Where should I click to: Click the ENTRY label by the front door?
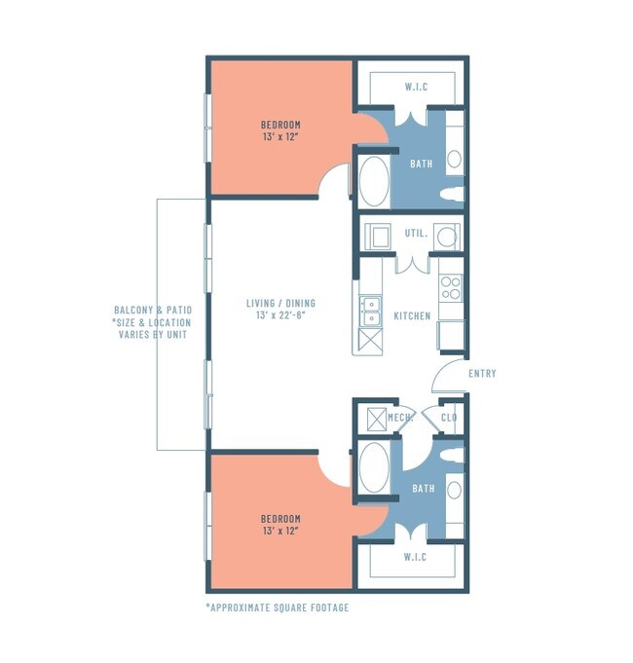[x=482, y=374]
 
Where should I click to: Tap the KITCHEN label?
[x=411, y=316]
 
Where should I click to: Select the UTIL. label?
[x=416, y=235]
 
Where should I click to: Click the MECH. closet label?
[x=400, y=418]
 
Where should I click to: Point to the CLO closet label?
[x=449, y=418]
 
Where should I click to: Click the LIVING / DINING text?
[x=280, y=304]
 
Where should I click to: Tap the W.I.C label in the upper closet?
[x=416, y=88]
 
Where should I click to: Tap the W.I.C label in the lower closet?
[x=416, y=558]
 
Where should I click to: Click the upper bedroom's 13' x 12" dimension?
[x=280, y=138]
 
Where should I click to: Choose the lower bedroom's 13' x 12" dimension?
[x=280, y=532]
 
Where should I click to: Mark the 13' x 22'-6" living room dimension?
[x=280, y=316]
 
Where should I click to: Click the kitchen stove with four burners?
[x=451, y=287]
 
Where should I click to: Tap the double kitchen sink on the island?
[x=370, y=311]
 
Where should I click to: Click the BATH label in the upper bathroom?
[x=421, y=164]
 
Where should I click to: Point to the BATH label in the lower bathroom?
[x=423, y=488]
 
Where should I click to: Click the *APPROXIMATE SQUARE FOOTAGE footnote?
[x=277, y=608]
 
